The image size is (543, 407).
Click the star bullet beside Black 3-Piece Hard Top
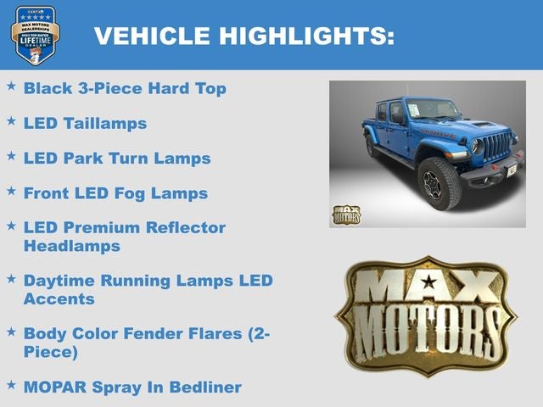11,86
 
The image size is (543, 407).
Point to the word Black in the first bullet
48,88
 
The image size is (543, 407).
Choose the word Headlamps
72,246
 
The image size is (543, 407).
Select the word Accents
59,298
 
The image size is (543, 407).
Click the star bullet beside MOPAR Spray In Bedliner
11,385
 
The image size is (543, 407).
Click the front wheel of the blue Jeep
439,182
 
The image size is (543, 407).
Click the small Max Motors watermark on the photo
345,215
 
